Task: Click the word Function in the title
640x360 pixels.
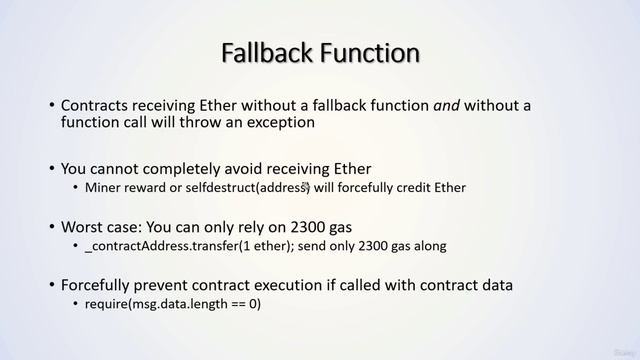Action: pos(368,51)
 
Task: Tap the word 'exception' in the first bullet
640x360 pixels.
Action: pos(275,123)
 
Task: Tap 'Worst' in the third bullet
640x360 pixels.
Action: pos(84,227)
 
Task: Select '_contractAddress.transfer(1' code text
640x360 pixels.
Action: pos(174,246)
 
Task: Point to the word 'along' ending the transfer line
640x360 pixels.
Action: pos(429,246)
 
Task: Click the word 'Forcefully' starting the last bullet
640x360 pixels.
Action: pos(102,285)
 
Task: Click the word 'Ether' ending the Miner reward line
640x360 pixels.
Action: pos(449,187)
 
